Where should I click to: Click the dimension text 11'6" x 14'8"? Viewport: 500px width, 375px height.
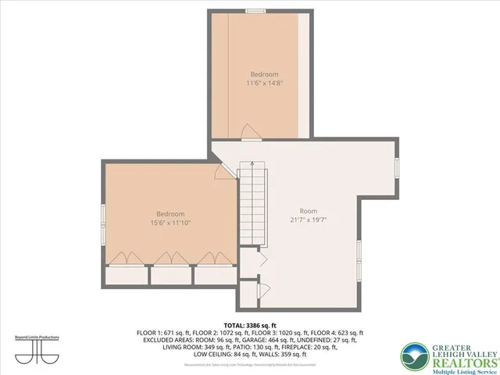click(264, 82)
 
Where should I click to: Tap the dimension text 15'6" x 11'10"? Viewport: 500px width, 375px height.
click(170, 223)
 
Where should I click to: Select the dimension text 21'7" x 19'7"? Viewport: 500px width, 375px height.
click(309, 220)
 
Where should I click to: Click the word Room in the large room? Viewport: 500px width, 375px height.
click(309, 211)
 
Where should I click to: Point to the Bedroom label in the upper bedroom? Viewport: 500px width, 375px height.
click(264, 73)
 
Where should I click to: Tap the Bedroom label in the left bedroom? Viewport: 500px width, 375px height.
click(170, 214)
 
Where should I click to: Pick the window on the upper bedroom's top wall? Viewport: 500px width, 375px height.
click(255, 10)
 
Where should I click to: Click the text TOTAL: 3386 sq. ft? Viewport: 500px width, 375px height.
click(250, 324)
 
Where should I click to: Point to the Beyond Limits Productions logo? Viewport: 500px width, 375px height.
click(37, 346)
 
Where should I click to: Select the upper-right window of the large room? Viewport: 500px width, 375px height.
click(398, 168)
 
